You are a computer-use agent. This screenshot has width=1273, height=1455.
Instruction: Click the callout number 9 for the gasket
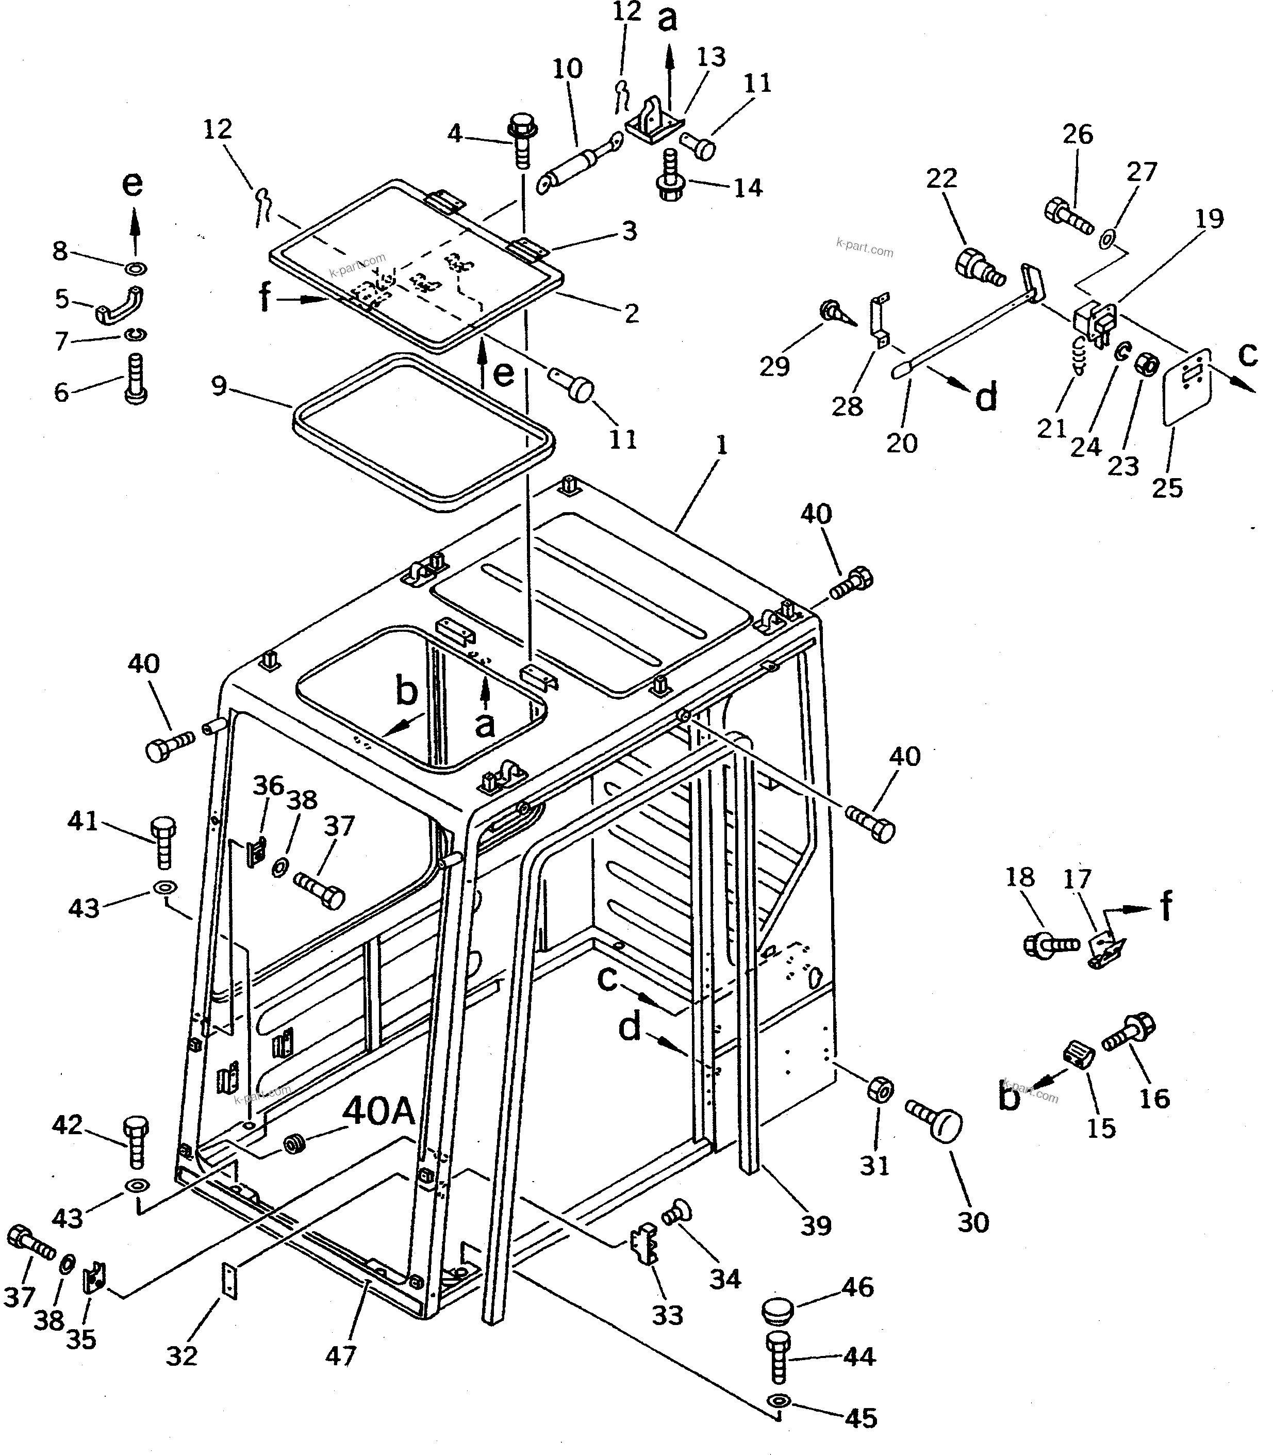(219, 386)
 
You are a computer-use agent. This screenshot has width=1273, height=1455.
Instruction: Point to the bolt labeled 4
(522, 141)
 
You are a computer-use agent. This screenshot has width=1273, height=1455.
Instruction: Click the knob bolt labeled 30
(936, 1123)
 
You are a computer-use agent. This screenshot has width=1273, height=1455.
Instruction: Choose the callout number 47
(340, 1356)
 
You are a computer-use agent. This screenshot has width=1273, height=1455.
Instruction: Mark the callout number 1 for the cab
(722, 446)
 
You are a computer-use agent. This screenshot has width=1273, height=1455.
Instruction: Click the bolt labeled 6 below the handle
(136, 379)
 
